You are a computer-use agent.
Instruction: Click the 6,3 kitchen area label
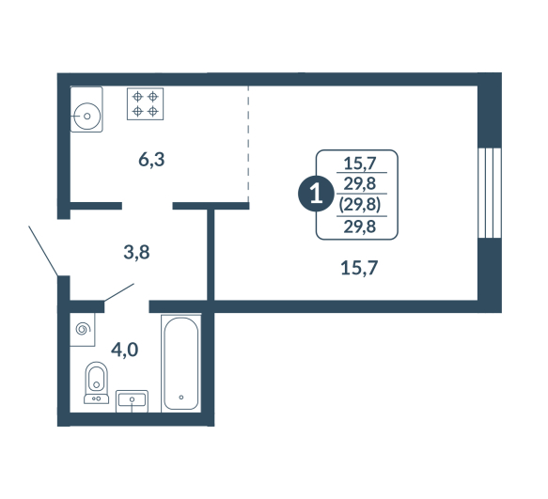click(151, 160)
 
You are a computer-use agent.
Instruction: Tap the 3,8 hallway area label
click(136, 252)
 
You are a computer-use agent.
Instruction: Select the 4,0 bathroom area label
click(124, 350)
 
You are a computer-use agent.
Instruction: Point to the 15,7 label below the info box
click(359, 269)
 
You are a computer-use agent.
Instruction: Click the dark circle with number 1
click(316, 194)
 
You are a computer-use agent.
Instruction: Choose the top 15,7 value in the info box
click(360, 164)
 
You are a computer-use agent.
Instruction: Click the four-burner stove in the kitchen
click(145, 103)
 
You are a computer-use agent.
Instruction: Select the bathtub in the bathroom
click(181, 364)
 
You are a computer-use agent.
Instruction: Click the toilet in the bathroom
click(97, 382)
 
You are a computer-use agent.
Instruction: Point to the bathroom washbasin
click(132, 401)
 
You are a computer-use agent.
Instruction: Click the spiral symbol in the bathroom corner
click(83, 329)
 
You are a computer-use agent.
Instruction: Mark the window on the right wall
click(490, 194)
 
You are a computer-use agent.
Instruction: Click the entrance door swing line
click(43, 251)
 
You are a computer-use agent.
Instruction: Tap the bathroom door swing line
click(119, 292)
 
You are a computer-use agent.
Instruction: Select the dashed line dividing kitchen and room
click(248, 143)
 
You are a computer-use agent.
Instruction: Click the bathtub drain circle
click(181, 398)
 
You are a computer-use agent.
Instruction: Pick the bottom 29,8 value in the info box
click(360, 226)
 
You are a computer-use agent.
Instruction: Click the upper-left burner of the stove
click(137, 96)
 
